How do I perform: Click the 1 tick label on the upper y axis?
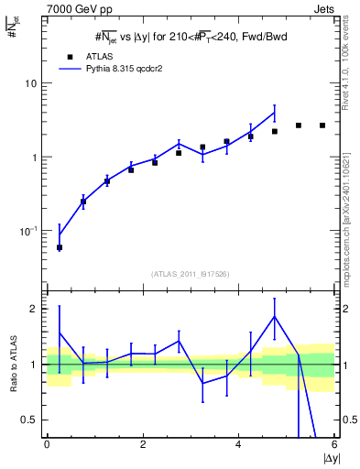[x=34, y=158]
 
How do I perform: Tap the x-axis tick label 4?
[x=238, y=445]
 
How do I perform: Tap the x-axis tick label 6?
[x=334, y=445]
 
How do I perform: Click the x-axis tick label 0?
[x=47, y=445]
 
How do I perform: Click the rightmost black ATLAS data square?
[x=322, y=125]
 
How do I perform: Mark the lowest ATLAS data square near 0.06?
[x=60, y=247]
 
